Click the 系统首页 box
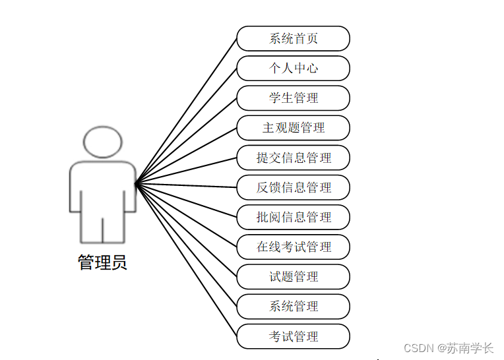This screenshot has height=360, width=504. click(293, 38)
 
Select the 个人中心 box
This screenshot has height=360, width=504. click(293, 68)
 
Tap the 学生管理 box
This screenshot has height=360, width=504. click(293, 98)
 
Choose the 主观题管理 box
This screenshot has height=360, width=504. click(293, 127)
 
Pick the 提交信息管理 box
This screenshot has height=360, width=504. click(293, 158)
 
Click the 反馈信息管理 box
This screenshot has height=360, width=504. click(293, 187)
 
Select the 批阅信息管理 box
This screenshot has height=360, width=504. click(293, 217)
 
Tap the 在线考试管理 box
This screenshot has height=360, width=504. click(293, 247)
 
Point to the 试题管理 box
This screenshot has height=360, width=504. click(293, 276)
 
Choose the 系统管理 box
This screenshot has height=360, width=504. click(293, 306)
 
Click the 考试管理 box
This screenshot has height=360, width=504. click(293, 336)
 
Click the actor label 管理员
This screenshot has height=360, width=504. click(102, 262)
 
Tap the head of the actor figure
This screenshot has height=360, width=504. click(102, 142)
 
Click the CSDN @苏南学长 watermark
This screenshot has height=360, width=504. click(448, 347)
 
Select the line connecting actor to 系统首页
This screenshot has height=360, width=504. click(186, 111)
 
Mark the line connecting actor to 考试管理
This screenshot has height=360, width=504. click(186, 259)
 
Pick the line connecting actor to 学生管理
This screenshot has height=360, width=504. click(186, 141)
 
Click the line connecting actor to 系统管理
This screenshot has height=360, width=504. click(186, 245)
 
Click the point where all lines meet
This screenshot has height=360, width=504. click(136, 184)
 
